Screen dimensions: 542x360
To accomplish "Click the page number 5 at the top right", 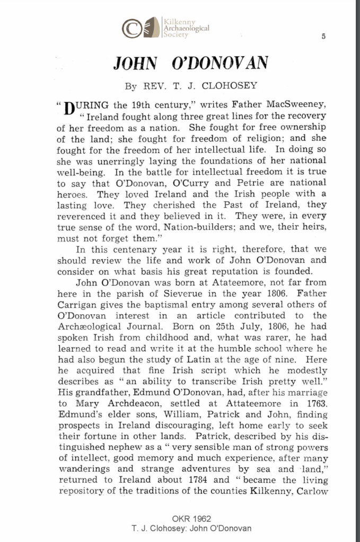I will coord(323,35).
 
